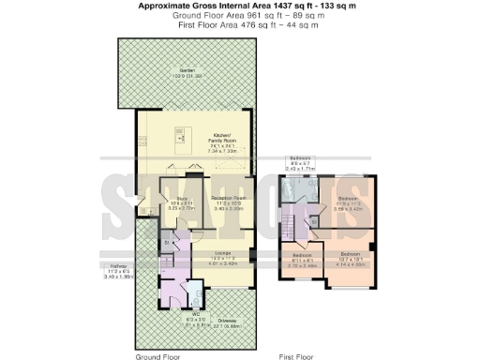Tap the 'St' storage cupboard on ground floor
(166, 246)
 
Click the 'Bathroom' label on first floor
(300, 157)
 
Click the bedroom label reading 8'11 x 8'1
(301, 257)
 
